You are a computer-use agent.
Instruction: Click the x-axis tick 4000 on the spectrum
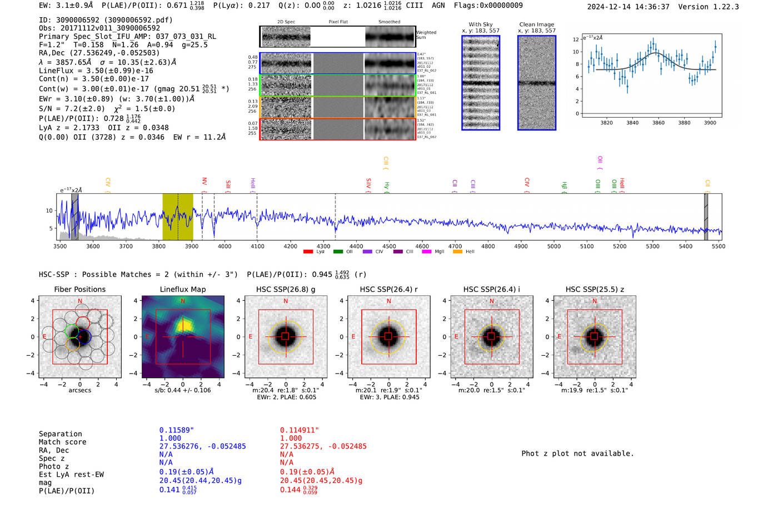[225, 246]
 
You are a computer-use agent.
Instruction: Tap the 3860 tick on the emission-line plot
[658, 123]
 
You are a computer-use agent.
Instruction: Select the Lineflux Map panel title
[182, 289]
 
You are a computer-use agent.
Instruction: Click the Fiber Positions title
[79, 289]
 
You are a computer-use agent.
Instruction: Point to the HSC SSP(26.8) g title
[285, 289]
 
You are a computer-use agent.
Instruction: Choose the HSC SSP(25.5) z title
[595, 289]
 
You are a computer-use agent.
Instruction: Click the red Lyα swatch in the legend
[308, 252]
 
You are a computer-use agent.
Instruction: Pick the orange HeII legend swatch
[457, 252]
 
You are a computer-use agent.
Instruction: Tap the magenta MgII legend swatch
[426, 252]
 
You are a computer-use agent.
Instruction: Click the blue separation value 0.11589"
[177, 430]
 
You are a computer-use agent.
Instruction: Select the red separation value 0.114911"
[300, 430]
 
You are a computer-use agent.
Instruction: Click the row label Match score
[62, 442]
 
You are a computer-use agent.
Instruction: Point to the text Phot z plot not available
[577, 454]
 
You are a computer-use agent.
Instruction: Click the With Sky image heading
[481, 24]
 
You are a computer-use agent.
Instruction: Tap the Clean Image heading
[536, 24]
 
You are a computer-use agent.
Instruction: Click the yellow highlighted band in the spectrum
[177, 216]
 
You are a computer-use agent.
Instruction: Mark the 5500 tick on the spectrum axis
[719, 246]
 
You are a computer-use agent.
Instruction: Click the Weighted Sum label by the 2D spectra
[426, 35]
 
